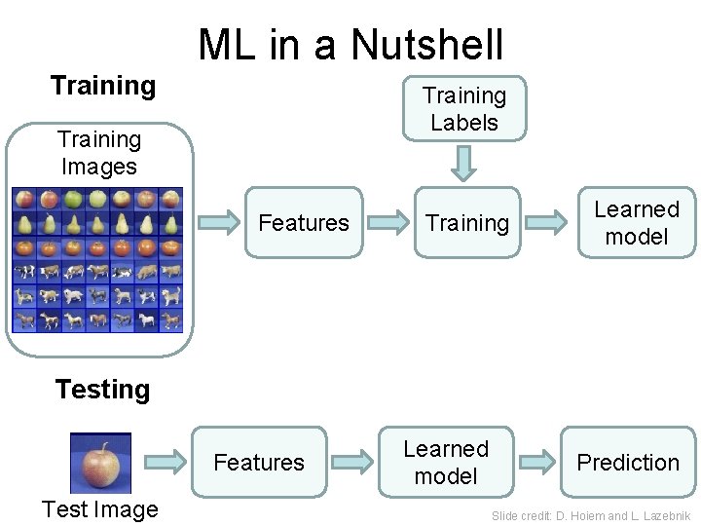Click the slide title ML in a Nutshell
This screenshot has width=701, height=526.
350,44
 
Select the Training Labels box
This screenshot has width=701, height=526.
464,109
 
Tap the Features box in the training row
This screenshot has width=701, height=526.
303,223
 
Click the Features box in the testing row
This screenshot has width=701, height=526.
258,462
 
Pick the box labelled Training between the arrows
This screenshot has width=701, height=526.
467,223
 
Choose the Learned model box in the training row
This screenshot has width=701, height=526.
637,223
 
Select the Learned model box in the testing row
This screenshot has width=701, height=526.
446,462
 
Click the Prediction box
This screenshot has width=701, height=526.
628,462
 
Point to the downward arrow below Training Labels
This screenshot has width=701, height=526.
465,162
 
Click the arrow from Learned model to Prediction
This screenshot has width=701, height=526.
535,462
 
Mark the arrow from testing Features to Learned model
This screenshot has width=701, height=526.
352,462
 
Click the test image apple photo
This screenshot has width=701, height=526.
100,463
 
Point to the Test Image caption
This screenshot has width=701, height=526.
99,509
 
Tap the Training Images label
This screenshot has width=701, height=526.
98,153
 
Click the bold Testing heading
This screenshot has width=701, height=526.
102,390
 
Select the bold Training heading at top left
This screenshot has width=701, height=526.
102,86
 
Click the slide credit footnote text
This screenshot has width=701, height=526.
591,515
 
